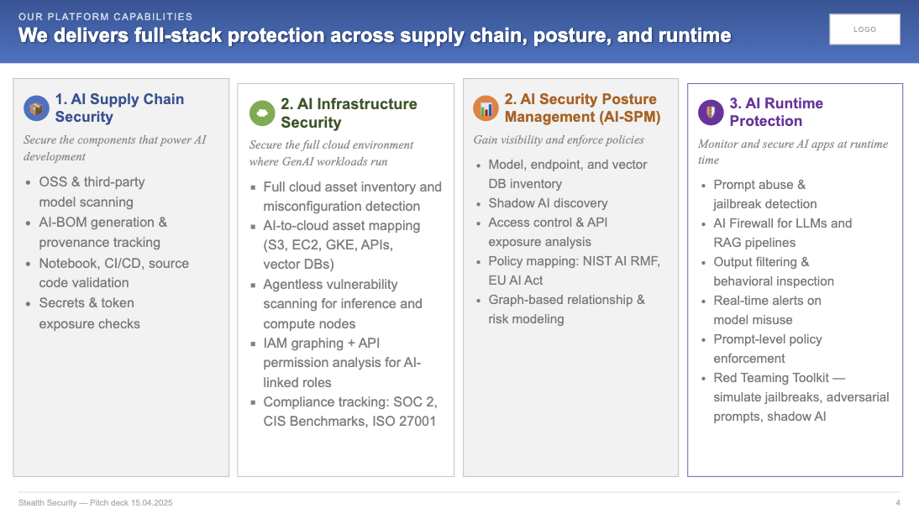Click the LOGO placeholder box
(x=864, y=29)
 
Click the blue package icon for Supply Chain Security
(x=36, y=108)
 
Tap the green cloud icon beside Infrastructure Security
(x=262, y=113)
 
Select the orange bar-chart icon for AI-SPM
(x=486, y=108)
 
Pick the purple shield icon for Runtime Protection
(x=711, y=112)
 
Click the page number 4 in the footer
(x=898, y=503)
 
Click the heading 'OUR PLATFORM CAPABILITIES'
(x=106, y=17)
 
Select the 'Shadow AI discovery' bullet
(x=548, y=202)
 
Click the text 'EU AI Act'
(x=516, y=281)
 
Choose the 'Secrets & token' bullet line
(x=87, y=303)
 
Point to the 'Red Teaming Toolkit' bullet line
(x=780, y=378)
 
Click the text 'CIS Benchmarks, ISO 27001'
(x=349, y=422)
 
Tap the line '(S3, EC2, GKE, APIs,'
(x=328, y=245)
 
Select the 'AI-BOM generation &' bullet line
(x=103, y=222)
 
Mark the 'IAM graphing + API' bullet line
(x=321, y=343)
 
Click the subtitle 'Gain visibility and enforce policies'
(x=559, y=139)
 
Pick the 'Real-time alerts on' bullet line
(x=767, y=301)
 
